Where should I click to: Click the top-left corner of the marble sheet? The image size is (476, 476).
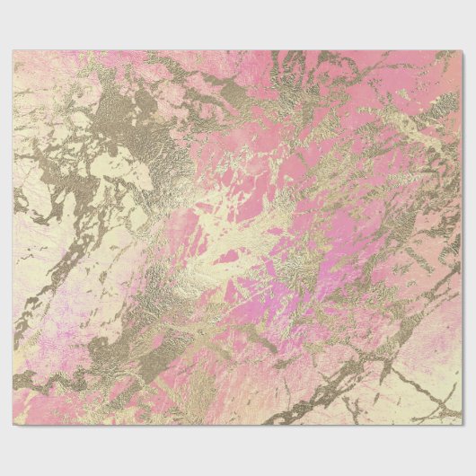tap(13, 51)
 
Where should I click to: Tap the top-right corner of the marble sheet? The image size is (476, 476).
tap(462, 51)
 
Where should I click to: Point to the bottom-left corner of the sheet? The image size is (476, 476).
tap(13, 425)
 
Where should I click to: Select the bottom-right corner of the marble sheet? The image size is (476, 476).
tap(462, 425)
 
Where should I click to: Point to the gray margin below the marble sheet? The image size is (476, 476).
tap(238, 449)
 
